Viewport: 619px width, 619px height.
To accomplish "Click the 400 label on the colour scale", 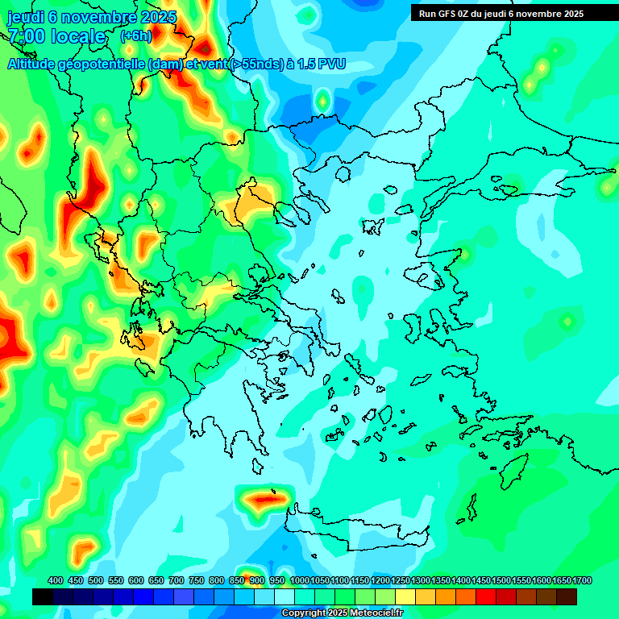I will point(56,580).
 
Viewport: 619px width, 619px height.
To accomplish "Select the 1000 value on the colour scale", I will point(300,580).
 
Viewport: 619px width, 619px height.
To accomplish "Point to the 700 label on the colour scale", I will point(177,580).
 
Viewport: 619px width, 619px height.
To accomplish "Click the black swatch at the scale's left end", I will point(43,596).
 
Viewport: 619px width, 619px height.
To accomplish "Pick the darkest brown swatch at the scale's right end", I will point(567,596).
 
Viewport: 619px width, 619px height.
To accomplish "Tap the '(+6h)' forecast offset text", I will point(135,36).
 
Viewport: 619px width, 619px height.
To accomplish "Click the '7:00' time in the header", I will point(27,36).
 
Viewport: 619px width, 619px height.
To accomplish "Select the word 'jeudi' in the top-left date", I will point(25,17).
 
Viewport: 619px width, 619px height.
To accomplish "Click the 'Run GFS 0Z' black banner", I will point(501,13).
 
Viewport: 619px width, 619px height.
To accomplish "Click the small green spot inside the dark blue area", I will point(322,101).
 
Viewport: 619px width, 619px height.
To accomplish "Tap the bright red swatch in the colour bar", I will point(486,596).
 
